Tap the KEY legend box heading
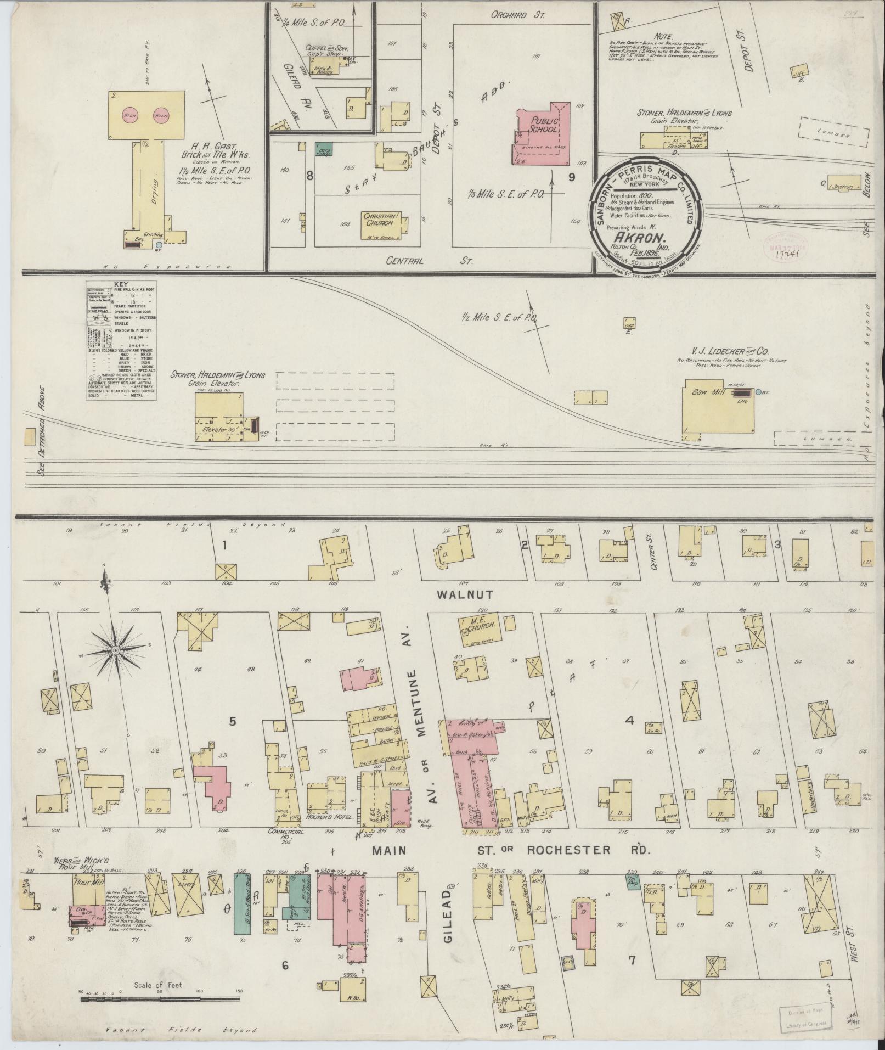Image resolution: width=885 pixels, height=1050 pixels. click(120, 284)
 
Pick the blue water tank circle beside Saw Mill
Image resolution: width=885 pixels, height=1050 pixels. click(758, 392)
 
